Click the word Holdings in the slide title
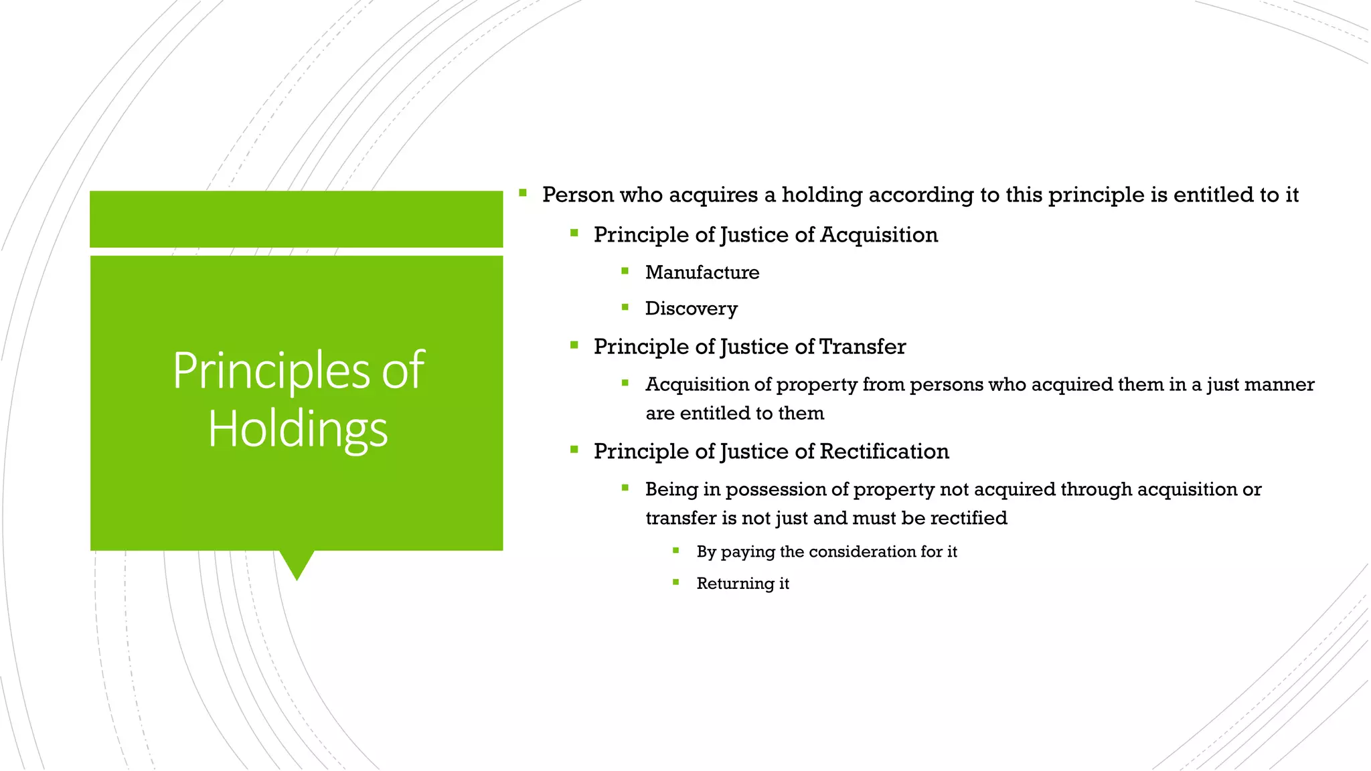point(297,429)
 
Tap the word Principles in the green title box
point(270,370)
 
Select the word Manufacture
point(702,272)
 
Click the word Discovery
point(691,309)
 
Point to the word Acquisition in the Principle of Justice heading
point(878,235)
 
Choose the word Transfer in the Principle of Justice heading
point(862,347)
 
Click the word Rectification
point(884,452)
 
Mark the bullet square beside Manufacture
point(625,271)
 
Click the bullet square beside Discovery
point(625,307)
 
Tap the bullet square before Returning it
point(676,582)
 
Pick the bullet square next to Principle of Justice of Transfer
point(574,345)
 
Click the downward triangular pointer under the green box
point(297,564)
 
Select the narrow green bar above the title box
point(296,219)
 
